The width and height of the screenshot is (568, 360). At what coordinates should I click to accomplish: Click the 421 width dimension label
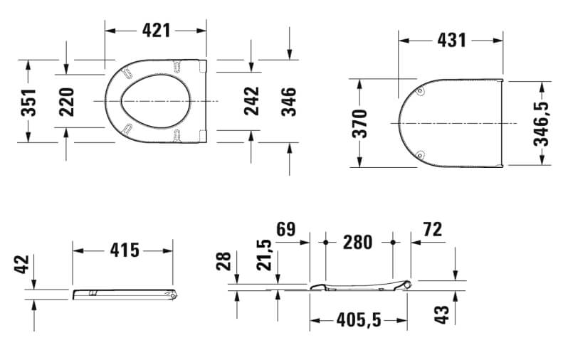(156, 30)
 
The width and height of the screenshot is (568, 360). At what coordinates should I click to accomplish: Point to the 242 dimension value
(251, 101)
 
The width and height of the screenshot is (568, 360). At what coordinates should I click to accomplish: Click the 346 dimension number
(289, 101)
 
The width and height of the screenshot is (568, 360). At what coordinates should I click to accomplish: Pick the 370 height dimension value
(359, 123)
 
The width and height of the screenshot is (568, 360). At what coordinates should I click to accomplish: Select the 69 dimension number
(285, 230)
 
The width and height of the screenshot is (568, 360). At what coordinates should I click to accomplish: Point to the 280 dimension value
(357, 243)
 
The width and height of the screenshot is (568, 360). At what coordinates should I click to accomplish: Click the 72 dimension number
(432, 230)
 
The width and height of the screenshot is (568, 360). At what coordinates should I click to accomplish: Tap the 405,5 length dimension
(357, 321)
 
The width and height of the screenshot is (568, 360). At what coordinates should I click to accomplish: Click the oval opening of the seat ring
(157, 101)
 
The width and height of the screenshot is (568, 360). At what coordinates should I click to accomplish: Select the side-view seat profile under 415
(125, 293)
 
